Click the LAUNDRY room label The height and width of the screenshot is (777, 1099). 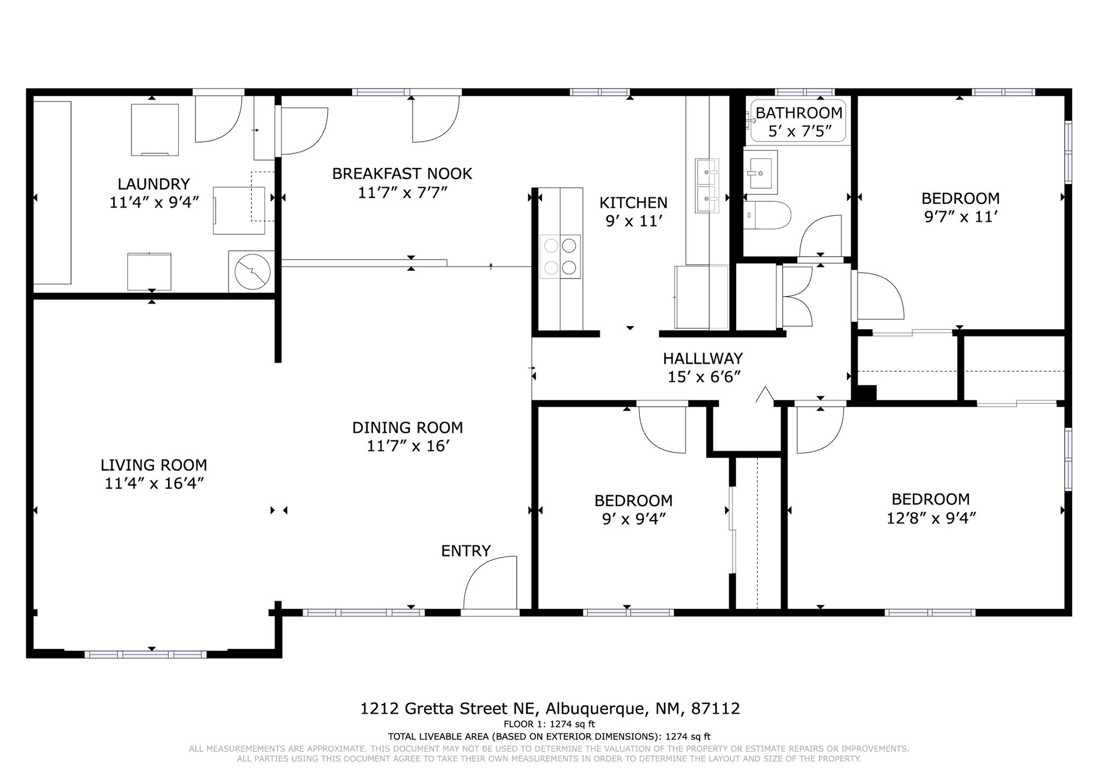tap(154, 184)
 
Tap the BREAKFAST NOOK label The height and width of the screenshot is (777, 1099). tap(402, 174)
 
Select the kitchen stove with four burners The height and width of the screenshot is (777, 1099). tap(560, 256)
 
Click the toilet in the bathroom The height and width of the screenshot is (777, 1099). tap(767, 215)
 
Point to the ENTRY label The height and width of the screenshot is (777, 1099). tap(466, 551)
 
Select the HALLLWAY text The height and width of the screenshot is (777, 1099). tap(702, 358)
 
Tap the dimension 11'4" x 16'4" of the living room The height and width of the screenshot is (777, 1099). tap(154, 483)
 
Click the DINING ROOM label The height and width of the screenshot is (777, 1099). tap(407, 428)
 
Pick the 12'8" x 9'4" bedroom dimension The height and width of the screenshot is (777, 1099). tap(931, 518)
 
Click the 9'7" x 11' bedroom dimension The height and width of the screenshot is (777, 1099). tap(961, 217)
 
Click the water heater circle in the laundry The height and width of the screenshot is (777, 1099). tap(252, 272)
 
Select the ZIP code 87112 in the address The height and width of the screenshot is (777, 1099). tap(715, 709)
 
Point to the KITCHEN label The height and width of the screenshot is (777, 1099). tap(633, 203)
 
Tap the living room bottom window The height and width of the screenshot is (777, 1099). tap(145, 654)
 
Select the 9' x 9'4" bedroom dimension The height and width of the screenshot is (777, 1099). tap(634, 519)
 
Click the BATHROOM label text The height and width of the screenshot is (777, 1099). tap(799, 113)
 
